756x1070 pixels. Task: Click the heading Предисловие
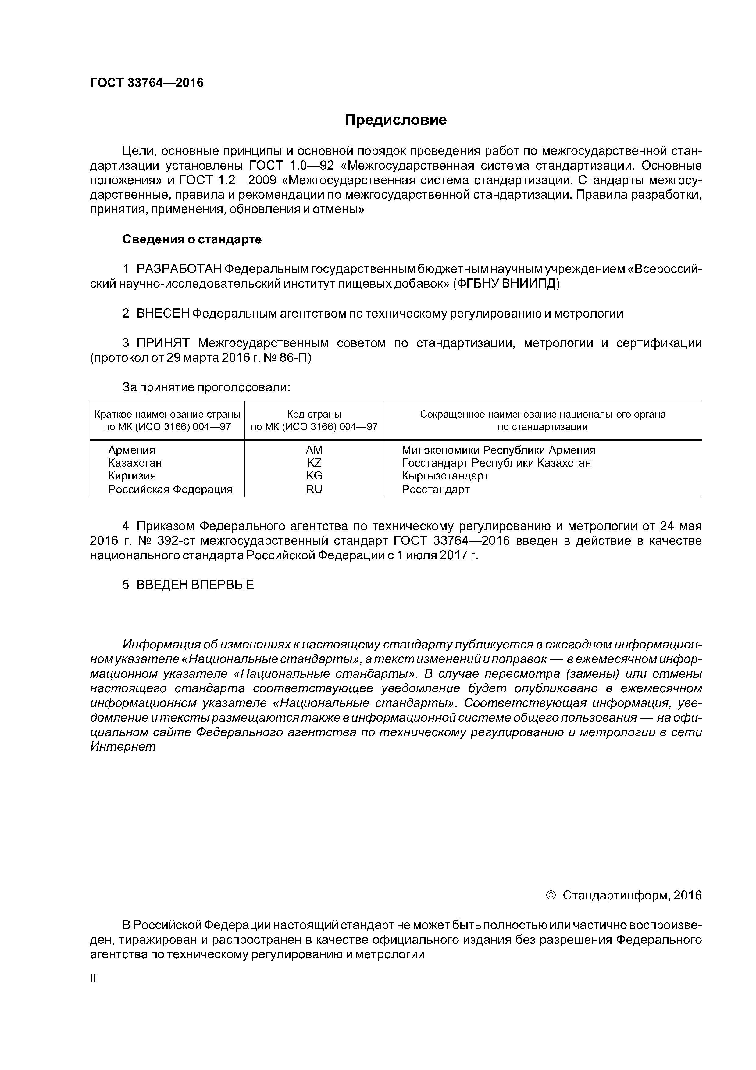(395, 120)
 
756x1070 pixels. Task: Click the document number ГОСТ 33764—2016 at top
(147, 83)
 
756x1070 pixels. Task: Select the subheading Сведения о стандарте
(192, 239)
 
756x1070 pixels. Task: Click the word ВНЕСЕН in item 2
(162, 314)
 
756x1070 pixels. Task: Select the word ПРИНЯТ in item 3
(162, 343)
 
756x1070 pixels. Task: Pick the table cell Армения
(131, 450)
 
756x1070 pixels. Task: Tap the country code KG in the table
(314, 476)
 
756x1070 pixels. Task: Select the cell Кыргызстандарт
(445, 476)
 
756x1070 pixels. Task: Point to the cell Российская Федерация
(170, 489)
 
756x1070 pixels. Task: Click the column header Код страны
(314, 414)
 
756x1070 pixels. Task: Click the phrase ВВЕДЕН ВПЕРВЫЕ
(195, 585)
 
